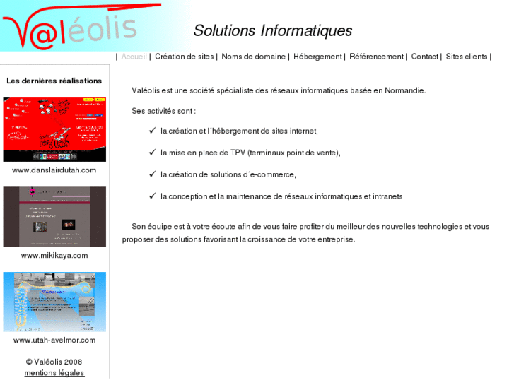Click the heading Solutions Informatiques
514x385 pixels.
coord(272,31)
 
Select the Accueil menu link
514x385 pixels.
coord(134,57)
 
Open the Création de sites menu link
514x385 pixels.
coord(184,57)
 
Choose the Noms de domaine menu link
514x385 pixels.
coord(253,57)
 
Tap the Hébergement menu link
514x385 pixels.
coord(317,57)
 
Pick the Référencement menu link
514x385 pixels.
coord(376,57)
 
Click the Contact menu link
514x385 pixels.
coord(424,57)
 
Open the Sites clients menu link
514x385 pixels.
coord(467,57)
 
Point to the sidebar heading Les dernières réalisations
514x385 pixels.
coord(54,81)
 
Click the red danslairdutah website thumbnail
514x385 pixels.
coord(54,129)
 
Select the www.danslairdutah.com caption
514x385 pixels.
coord(54,170)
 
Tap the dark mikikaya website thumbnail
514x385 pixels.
coord(54,217)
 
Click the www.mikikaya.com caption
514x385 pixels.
coord(54,256)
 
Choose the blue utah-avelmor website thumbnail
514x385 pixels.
coord(54,302)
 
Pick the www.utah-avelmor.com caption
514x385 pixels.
coord(54,340)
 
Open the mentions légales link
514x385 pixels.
coord(54,373)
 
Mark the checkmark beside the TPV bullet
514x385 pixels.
coord(152,152)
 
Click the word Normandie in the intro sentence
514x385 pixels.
coord(405,90)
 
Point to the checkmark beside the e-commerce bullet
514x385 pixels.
coord(152,174)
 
